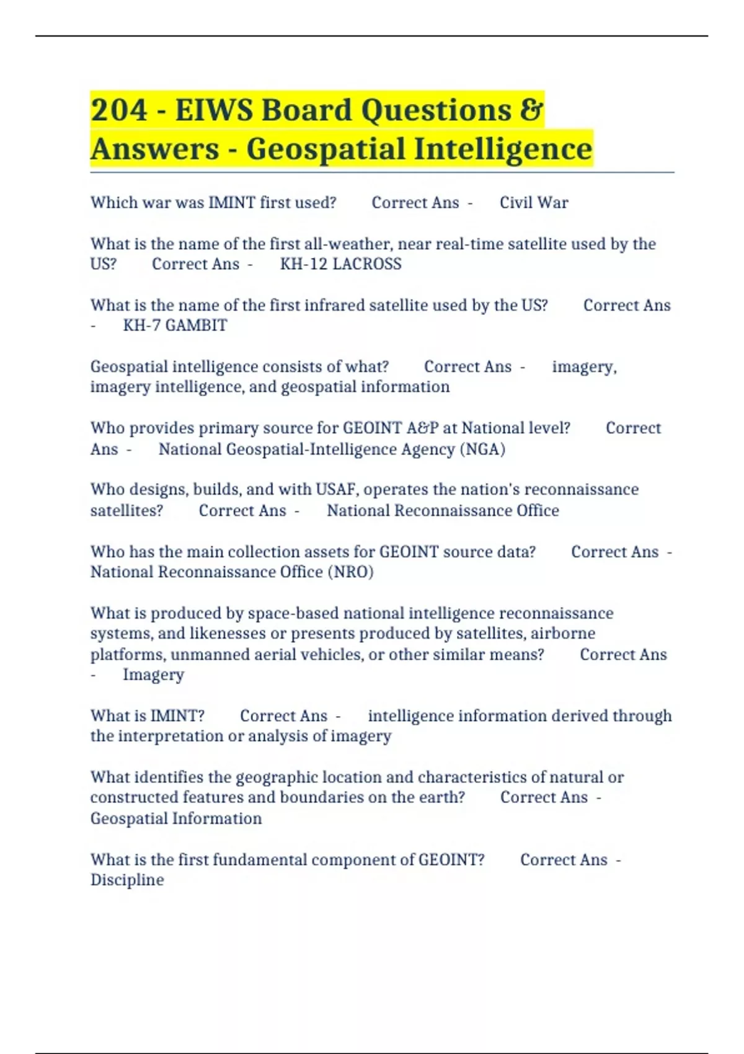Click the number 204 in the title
pos(119,110)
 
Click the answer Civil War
pos(534,203)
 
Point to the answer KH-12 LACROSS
pos(340,264)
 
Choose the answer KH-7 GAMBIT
pos(175,325)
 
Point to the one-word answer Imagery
pos(153,675)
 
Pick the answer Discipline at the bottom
pos(127,880)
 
